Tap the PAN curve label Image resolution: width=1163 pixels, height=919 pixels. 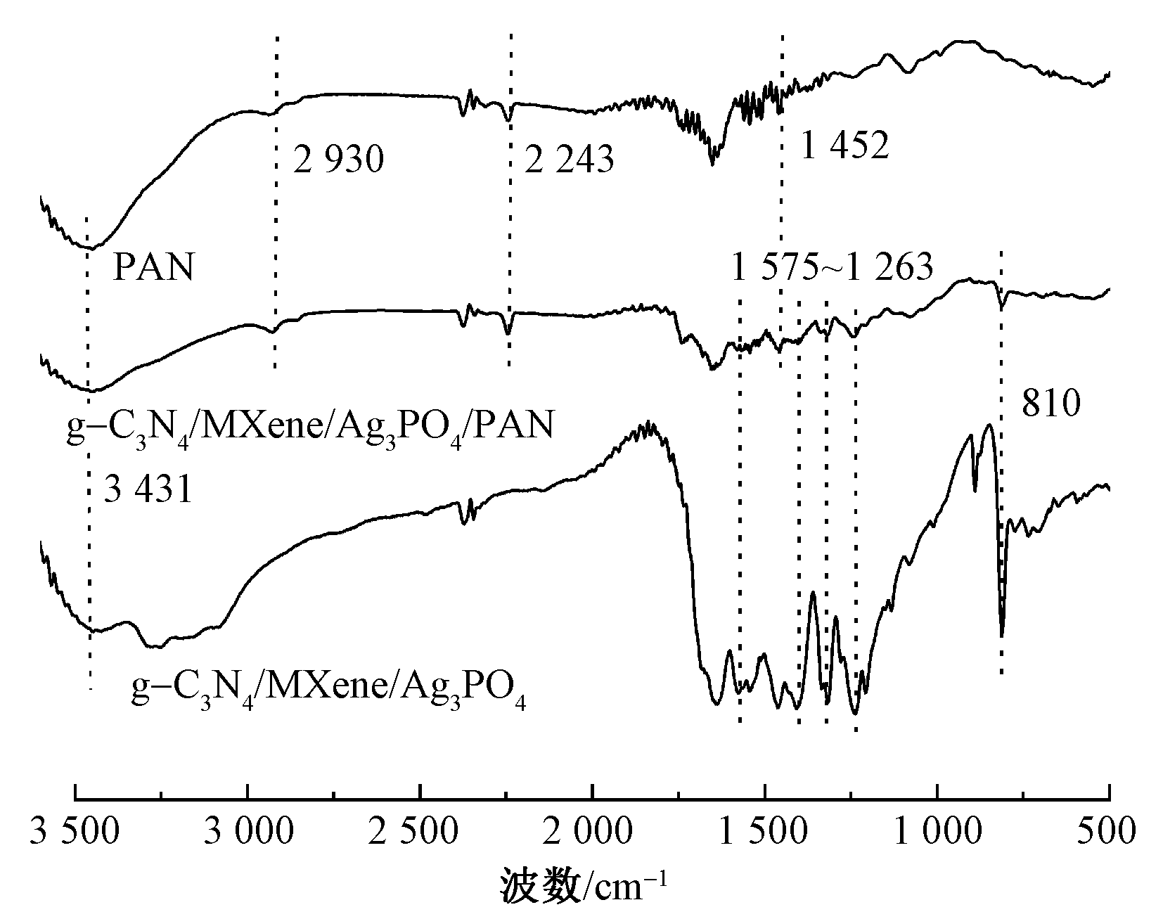(153, 268)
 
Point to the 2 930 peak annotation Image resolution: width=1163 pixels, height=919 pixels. (339, 160)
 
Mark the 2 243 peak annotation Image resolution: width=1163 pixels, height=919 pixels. (570, 160)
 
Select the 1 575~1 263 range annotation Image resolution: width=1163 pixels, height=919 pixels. (833, 268)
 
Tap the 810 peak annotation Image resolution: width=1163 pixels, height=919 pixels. (1050, 405)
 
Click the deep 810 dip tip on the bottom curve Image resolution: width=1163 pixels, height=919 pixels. (1001, 635)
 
